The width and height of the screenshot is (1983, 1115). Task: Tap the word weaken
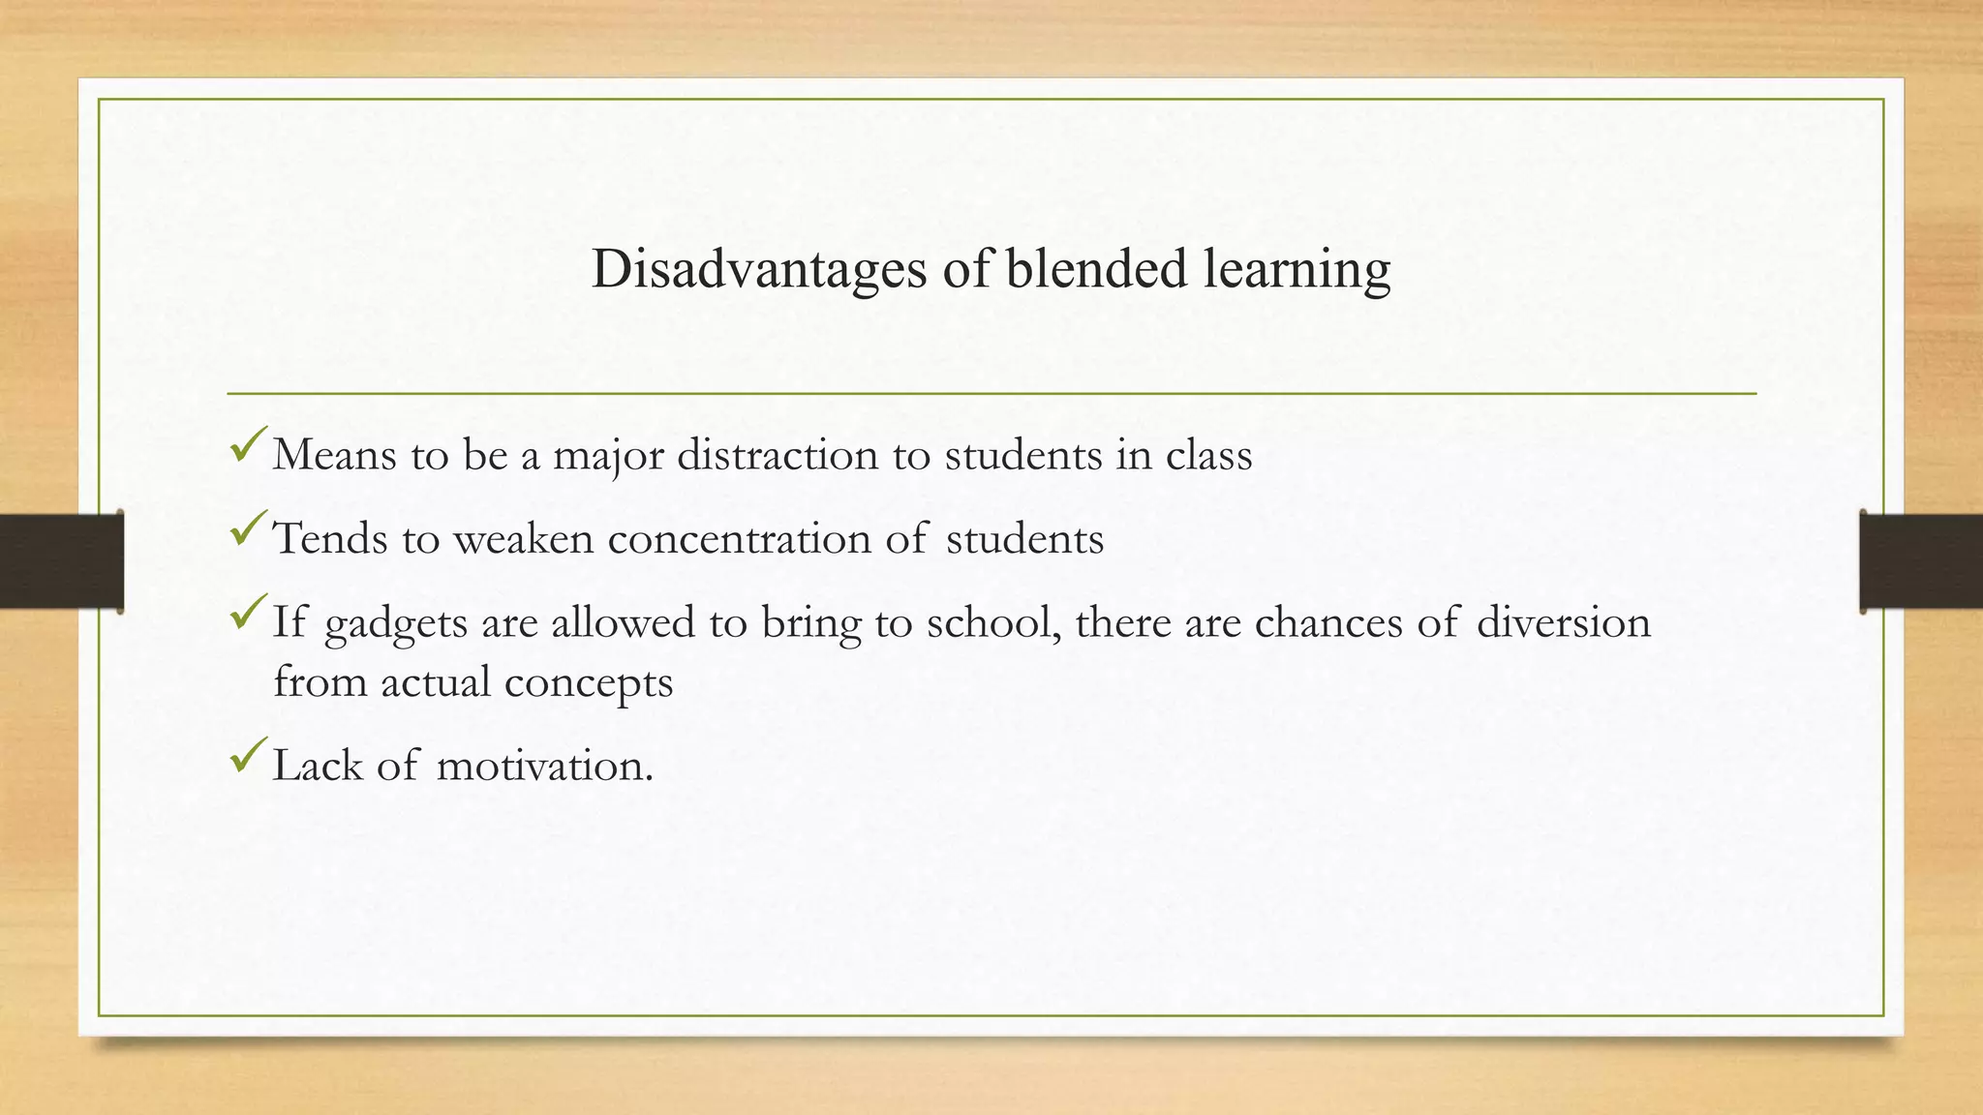coord(523,539)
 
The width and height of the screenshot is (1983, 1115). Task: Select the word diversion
coord(1564,622)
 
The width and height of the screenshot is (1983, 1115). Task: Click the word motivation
coord(544,767)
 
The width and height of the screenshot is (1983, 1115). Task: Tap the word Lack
coord(318,766)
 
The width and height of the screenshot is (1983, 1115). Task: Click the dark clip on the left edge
coord(61,561)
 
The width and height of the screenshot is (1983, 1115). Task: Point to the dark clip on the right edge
coord(1921,561)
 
